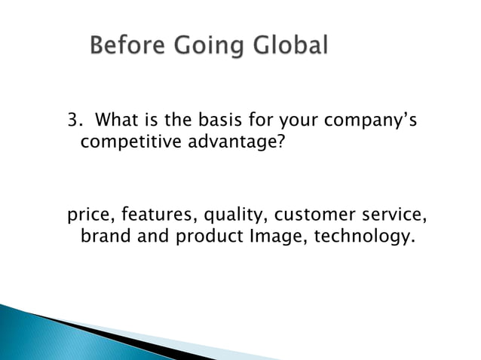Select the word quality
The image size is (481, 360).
[226, 217]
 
